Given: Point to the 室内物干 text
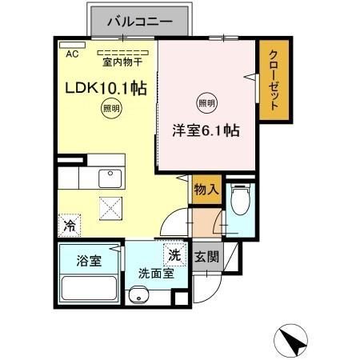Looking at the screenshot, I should pos(120,62).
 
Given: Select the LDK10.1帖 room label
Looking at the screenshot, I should pos(101,89).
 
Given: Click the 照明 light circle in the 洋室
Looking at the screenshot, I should pos(207,103).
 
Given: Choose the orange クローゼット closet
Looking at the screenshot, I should pos(273,80).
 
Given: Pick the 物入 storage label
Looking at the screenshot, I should pos(206,190).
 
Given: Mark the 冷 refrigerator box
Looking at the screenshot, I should pos(70,226).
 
